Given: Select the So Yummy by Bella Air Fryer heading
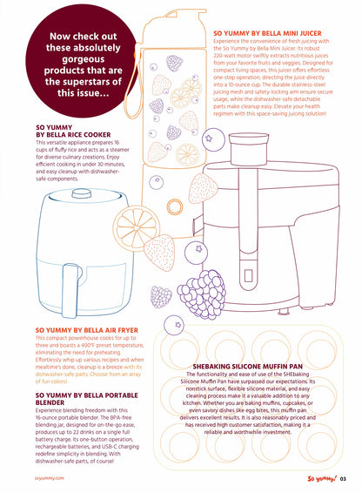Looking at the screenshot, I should (x=86, y=329).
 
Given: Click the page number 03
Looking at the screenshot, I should (x=344, y=476).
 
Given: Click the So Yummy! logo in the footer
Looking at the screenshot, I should (x=319, y=476).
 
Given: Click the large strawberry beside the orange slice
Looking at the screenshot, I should (x=160, y=252).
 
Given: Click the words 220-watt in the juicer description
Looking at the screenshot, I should (x=231, y=56).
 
